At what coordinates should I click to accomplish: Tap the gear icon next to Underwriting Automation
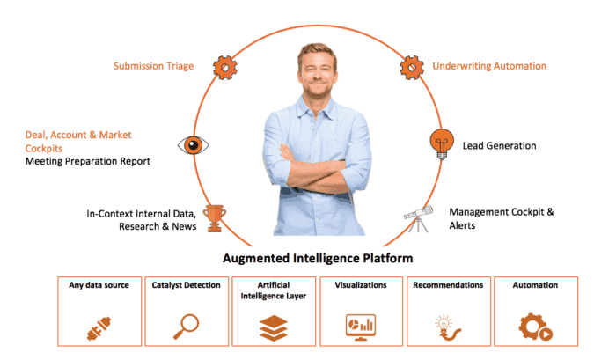412,66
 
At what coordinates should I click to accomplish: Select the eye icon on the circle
193,145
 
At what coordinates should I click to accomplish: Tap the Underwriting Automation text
488,66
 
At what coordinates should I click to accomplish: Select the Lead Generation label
499,145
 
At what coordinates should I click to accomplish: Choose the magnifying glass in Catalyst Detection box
186,327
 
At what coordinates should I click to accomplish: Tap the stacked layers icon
273,327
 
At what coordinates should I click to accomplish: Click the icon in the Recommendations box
448,327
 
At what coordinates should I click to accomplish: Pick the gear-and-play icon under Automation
535,327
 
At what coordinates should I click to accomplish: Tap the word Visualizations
360,285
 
